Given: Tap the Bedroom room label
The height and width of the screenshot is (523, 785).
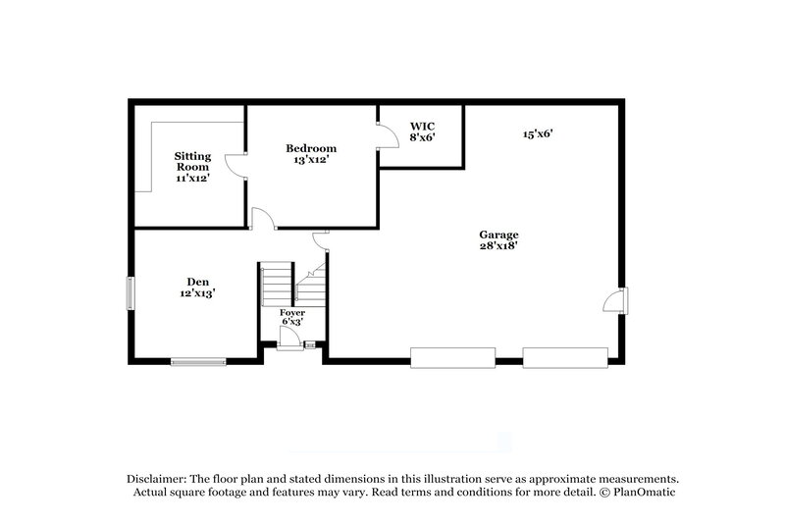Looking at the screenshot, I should [x=311, y=148].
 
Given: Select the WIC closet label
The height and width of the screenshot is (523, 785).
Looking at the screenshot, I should [x=422, y=128].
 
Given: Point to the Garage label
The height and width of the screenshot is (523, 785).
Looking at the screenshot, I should [x=498, y=235].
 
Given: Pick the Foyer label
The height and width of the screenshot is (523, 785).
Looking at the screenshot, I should [x=291, y=312].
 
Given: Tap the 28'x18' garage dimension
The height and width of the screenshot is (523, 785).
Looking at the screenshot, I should [x=498, y=246].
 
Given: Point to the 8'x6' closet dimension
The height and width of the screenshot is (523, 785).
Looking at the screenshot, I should [x=422, y=138].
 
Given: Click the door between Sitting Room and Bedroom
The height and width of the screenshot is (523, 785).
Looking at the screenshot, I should [x=235, y=166].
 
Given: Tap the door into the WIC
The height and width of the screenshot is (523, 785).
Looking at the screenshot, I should [x=388, y=135].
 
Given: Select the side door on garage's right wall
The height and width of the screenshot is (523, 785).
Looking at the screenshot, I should [x=617, y=301].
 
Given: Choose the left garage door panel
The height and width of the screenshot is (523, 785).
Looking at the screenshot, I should [x=452, y=357].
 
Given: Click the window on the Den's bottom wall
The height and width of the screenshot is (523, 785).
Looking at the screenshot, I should [x=198, y=361].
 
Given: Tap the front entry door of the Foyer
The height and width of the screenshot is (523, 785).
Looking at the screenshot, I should [x=289, y=339].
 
